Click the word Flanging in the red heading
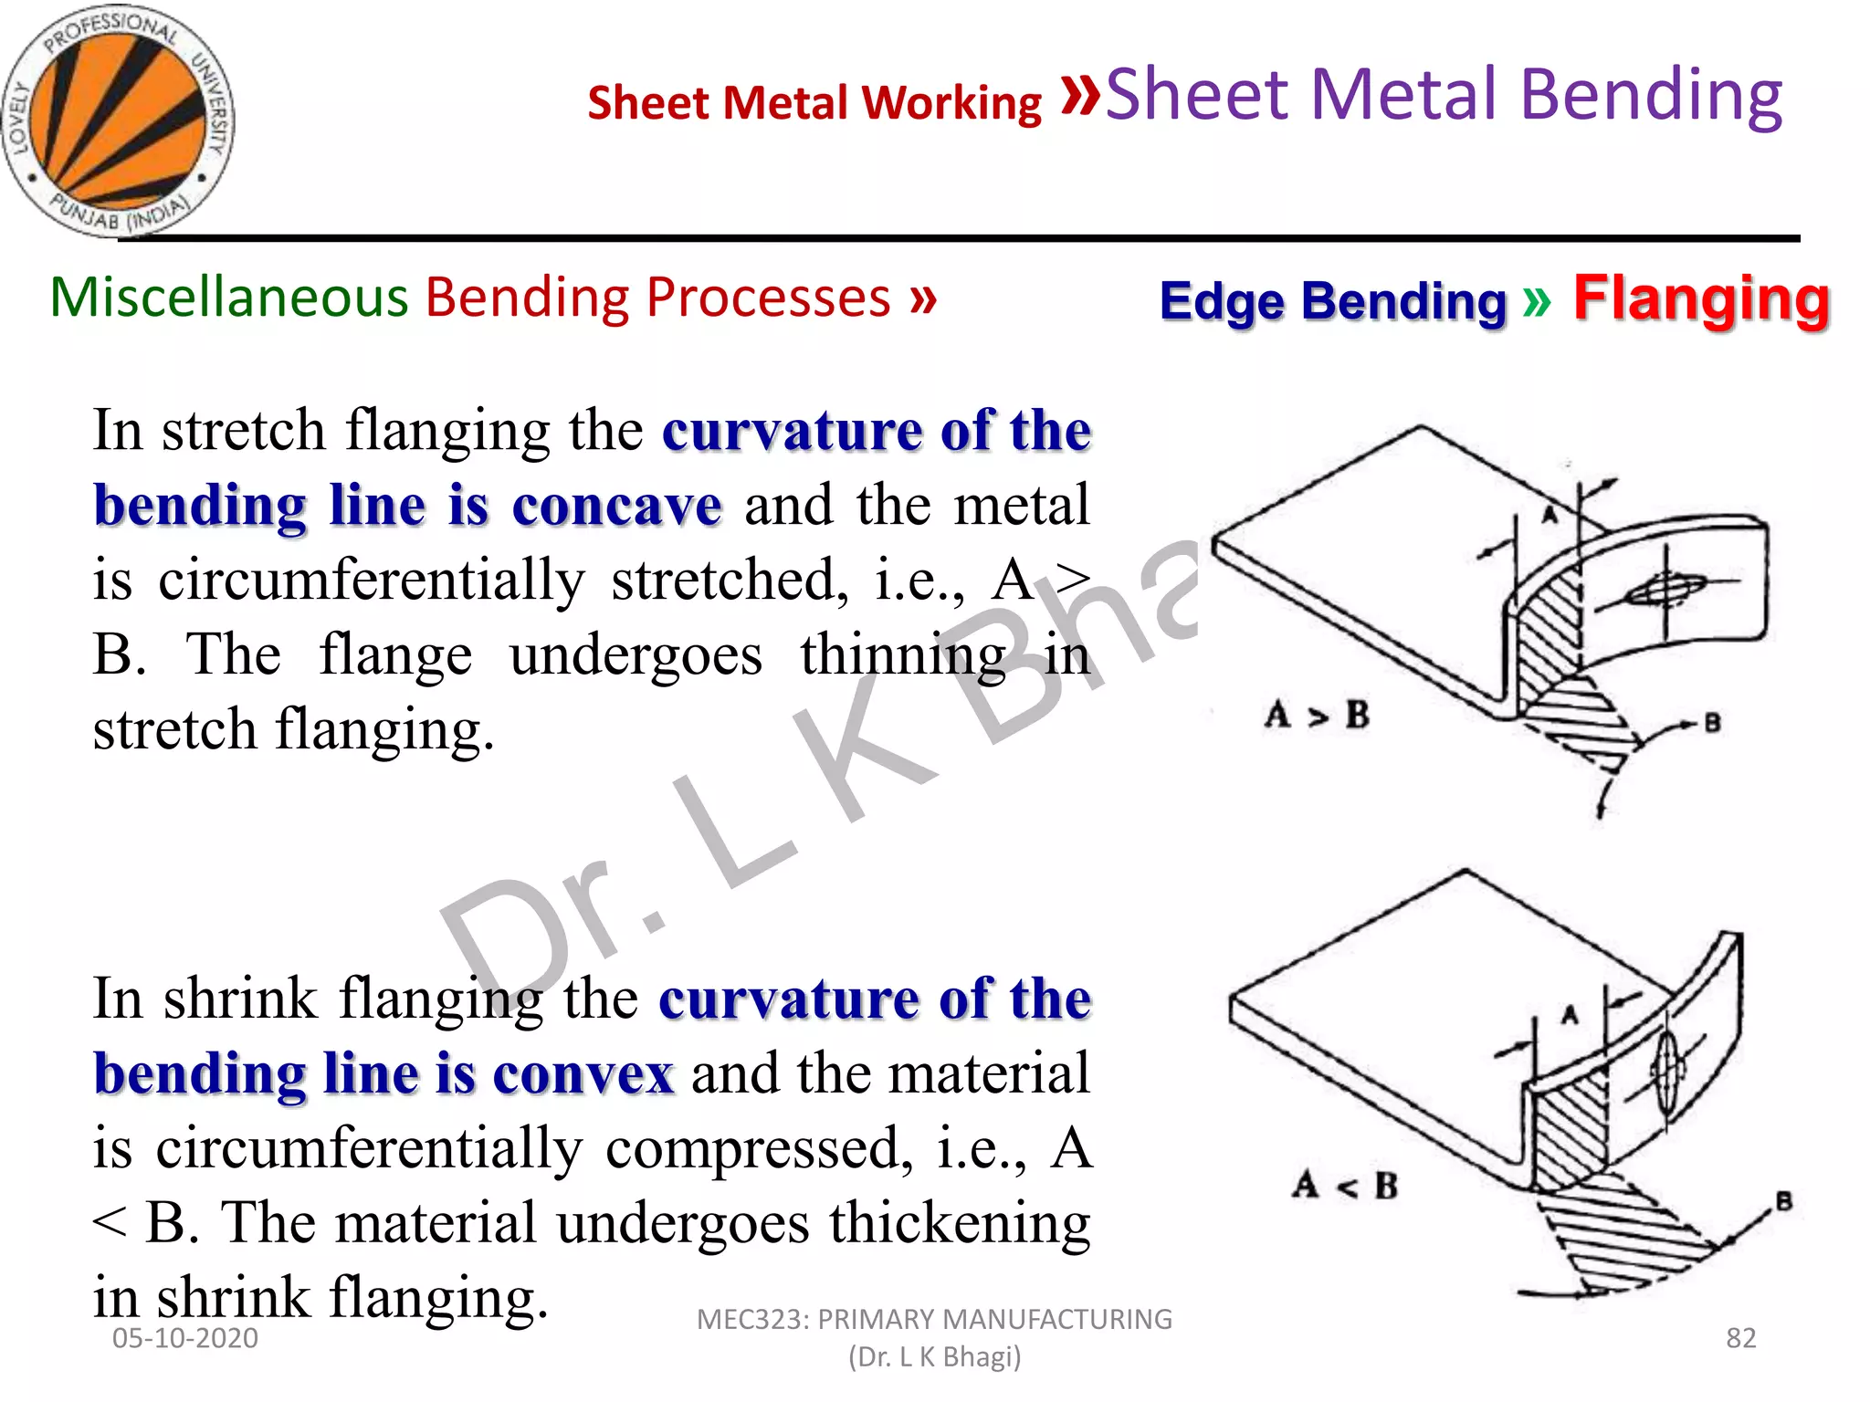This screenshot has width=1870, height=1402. click(x=1701, y=298)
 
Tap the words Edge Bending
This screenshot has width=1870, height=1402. click(x=1332, y=301)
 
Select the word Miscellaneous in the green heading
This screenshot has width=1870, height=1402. click(x=228, y=298)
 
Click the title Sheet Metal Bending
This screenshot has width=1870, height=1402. click(x=1444, y=94)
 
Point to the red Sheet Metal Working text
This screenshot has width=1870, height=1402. click(x=814, y=102)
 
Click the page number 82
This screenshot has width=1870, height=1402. click(x=1740, y=1337)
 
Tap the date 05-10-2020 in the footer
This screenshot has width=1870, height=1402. click(x=184, y=1338)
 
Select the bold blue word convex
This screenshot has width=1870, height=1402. click(x=583, y=1073)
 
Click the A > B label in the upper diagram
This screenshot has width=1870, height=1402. click(x=1317, y=715)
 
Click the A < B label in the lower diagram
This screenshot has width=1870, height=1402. click(x=1345, y=1186)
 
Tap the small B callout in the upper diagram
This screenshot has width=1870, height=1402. click(x=1712, y=724)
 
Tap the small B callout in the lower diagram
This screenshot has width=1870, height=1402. click(x=1783, y=1201)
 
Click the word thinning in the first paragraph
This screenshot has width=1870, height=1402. click(x=902, y=654)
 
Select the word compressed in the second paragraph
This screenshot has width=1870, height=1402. click(x=759, y=1148)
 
